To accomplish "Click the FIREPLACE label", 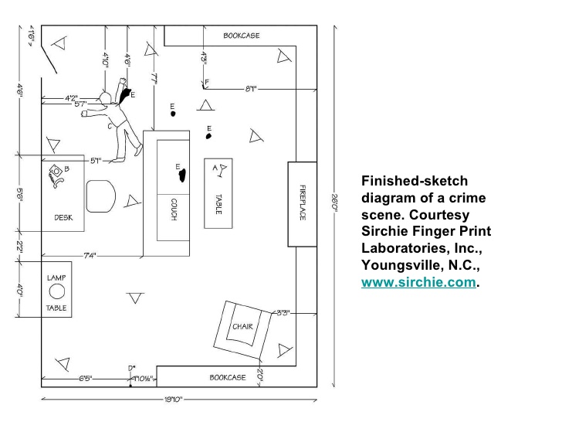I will [x=303, y=202].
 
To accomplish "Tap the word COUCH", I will [x=174, y=209].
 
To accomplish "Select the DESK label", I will [x=63, y=218].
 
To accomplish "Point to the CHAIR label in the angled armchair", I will [x=242, y=326].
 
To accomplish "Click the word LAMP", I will [x=56, y=277].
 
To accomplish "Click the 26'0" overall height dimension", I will [x=333, y=208].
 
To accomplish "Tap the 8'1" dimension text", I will [x=251, y=89].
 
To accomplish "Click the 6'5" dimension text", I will [x=86, y=379].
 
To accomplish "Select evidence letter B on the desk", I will [x=67, y=168].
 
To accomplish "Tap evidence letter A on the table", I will [x=213, y=167].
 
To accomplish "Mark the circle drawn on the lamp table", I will [x=57, y=291].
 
